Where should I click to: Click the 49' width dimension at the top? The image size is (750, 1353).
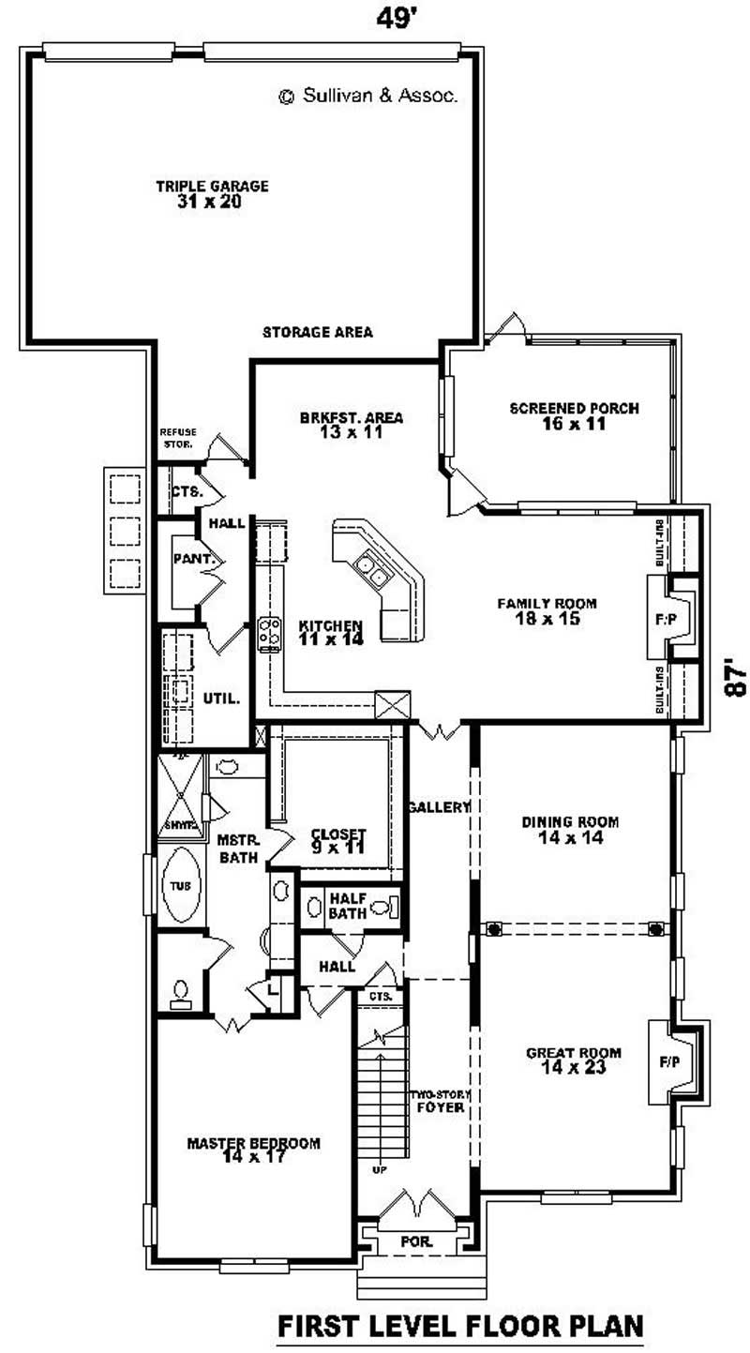pos(396,19)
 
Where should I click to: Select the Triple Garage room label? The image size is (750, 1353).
pos(212,193)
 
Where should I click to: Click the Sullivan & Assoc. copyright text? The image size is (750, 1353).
pos(368,96)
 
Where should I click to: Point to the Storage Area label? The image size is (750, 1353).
pos(318,332)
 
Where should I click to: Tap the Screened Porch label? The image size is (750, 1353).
pos(574,415)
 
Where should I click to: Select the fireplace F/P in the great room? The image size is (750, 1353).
pos(669,1062)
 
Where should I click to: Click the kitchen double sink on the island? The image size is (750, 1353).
pos(368,565)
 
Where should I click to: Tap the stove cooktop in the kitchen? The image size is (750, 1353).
pos(270,634)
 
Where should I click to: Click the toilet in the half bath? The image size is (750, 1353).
pos(385,908)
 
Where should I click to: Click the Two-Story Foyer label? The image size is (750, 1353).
pos(440,1101)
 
